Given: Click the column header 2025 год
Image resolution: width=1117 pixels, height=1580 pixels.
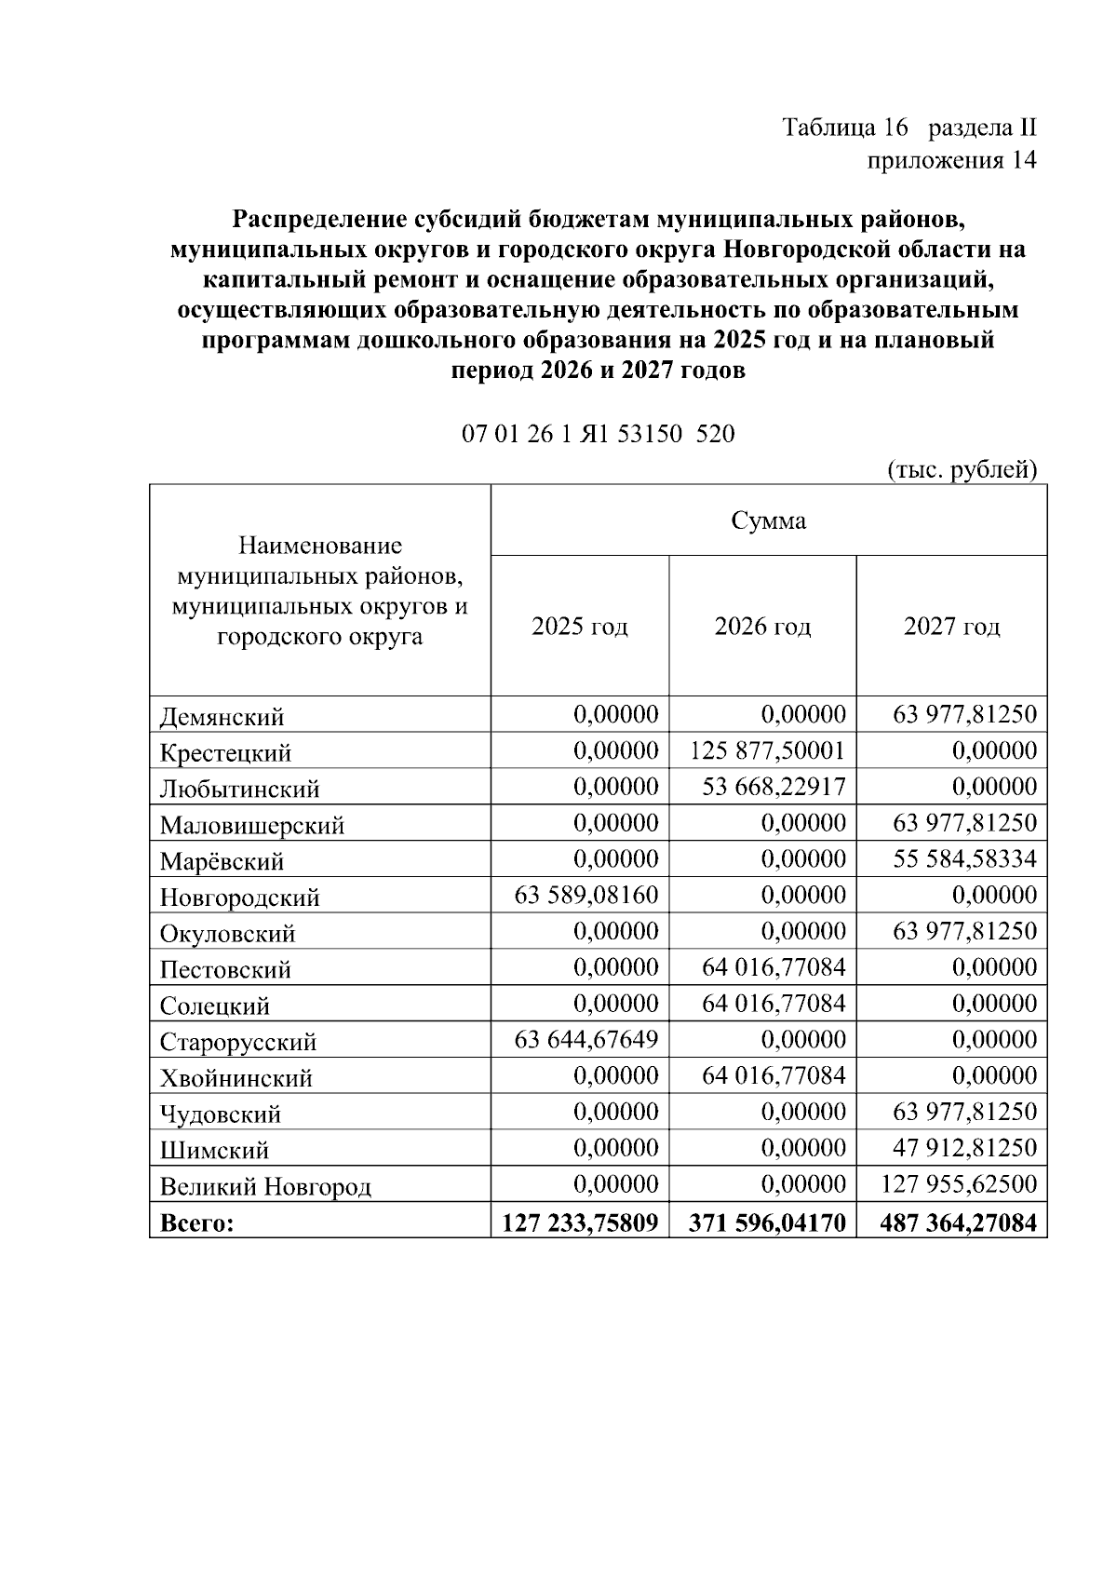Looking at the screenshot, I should pos(579,626).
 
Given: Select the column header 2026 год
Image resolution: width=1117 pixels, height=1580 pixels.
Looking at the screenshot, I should pos(762,626).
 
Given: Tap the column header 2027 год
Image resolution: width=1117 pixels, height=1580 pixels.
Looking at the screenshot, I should pos(951,626).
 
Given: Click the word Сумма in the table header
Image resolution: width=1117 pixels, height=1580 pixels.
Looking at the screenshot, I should pos(768,520).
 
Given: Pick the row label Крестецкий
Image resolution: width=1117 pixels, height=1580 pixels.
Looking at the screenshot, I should pos(225,752).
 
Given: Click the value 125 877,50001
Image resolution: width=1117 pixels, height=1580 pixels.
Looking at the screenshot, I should pos(768,750).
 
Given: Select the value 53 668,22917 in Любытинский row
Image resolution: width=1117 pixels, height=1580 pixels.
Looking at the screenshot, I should pos(774,787).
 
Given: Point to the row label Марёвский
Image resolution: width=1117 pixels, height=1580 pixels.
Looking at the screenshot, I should pos(222,861).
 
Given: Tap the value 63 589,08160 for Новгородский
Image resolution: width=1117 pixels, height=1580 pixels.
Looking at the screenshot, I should pos(586,895).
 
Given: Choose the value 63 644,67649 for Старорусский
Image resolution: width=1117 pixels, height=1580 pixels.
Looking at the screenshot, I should pos(586,1039).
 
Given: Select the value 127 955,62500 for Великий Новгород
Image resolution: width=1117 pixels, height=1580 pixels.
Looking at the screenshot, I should pos(959,1183).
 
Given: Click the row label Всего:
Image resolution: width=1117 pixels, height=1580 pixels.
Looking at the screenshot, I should pos(196,1222).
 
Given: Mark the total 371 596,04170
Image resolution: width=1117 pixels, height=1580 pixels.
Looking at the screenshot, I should pos(768,1222).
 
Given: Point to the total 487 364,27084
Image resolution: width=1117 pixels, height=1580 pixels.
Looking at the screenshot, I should pos(958,1222).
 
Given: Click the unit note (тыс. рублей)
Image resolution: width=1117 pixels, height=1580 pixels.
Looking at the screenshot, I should pos(962,469).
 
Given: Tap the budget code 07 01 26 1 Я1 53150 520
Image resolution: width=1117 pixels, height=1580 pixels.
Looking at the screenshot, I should pos(598,434).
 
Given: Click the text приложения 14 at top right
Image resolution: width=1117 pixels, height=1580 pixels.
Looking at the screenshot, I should pos(951,160).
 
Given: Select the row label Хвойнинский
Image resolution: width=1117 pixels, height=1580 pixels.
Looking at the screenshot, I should pos(236,1078).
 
